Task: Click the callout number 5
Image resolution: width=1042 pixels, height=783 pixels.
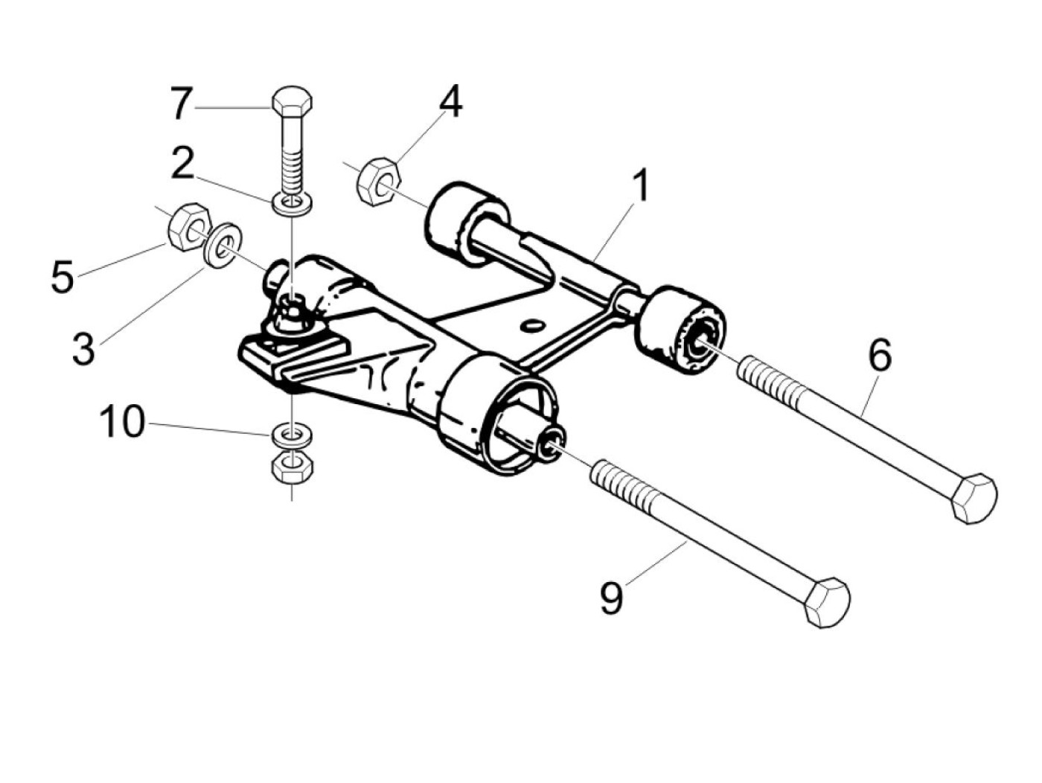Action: click(x=63, y=277)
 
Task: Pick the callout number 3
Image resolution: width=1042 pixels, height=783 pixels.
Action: click(x=84, y=348)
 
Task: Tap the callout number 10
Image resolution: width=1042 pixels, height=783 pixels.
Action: click(x=124, y=423)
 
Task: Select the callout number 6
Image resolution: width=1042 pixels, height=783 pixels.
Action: click(x=879, y=356)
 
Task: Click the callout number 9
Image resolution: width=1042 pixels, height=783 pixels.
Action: click(x=611, y=597)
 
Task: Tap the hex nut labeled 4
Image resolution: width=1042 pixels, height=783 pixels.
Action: click(x=378, y=179)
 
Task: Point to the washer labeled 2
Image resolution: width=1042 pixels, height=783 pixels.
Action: click(x=293, y=202)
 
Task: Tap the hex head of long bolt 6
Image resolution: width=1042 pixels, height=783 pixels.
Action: click(x=974, y=496)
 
